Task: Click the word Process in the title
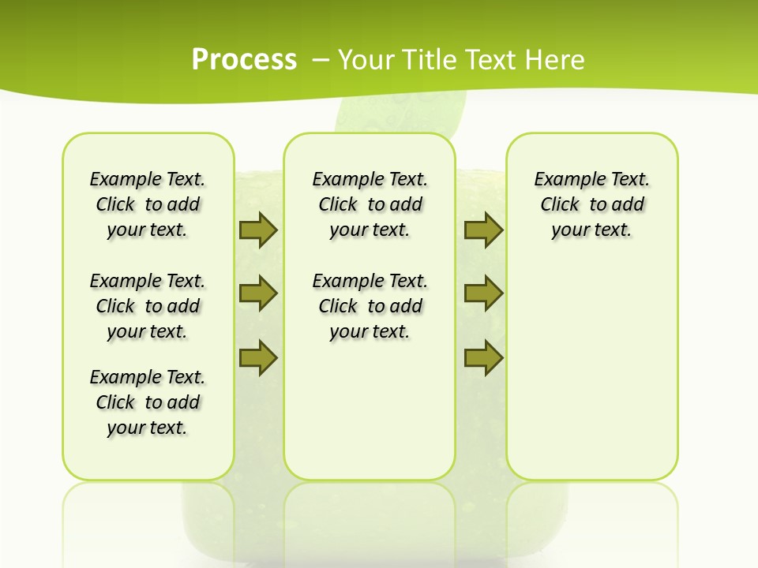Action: tap(244, 60)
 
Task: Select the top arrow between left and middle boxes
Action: tap(258, 230)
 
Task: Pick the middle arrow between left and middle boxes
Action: tap(258, 293)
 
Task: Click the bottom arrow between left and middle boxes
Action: tap(258, 357)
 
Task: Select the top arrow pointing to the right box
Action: tap(483, 230)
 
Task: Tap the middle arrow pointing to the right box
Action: tap(483, 293)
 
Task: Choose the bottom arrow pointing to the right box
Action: tap(483, 357)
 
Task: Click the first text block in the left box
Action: tap(148, 204)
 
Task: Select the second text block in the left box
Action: tap(148, 306)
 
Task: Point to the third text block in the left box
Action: tap(148, 402)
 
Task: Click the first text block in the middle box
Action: tap(370, 204)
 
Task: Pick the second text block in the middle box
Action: tap(370, 306)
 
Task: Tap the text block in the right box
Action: tap(591, 204)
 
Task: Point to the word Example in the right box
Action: tap(565, 180)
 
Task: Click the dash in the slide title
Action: tap(321, 60)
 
